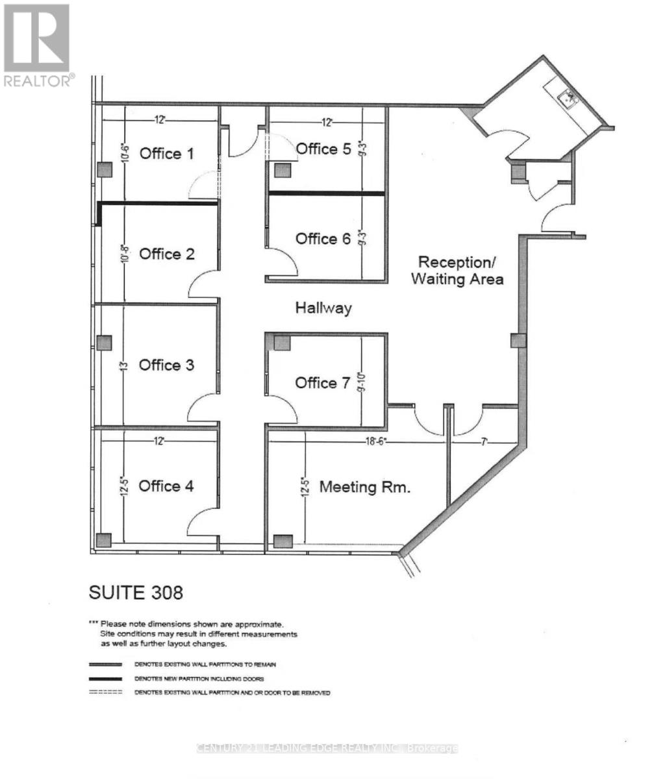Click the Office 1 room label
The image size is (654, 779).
[167, 154]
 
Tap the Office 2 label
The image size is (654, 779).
[167, 254]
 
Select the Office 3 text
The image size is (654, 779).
[167, 365]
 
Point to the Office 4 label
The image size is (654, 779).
[166, 486]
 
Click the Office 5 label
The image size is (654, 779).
[323, 149]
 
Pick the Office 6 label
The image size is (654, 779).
[323, 239]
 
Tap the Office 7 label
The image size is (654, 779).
[323, 383]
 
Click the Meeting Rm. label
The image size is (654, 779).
[364, 487]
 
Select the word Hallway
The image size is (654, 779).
[323, 308]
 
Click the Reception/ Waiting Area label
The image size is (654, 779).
[460, 271]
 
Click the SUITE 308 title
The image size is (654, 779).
[136, 592]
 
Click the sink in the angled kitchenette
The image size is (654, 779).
[570, 99]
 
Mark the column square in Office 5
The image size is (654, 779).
[281, 171]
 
